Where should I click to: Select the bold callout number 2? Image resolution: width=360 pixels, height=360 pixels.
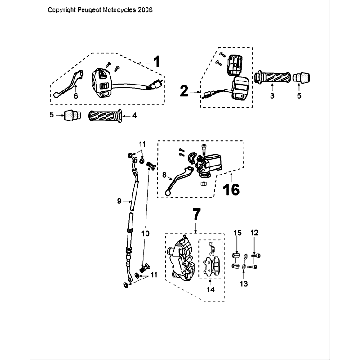click(x=183, y=89)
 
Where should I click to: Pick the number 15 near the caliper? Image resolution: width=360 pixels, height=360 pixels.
click(x=238, y=232)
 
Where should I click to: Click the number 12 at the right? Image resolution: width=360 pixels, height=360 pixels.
click(x=255, y=232)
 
